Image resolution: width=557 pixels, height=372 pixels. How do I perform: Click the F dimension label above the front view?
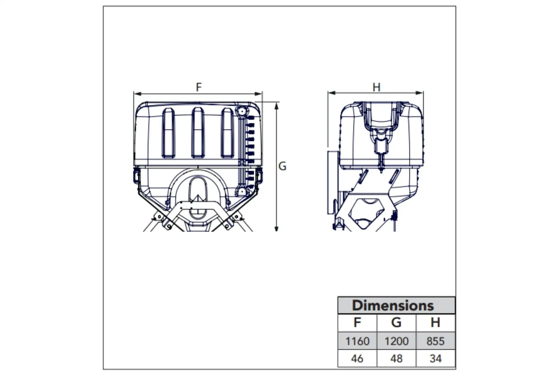tap(199, 87)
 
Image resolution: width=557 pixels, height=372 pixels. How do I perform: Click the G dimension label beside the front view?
tap(282, 166)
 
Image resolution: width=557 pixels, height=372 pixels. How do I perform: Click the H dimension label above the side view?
tap(376, 87)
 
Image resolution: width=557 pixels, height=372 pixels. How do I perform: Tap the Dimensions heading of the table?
tap(393, 305)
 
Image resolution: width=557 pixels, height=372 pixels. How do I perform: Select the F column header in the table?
tap(357, 323)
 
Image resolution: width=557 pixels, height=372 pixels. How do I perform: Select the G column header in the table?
tap(396, 323)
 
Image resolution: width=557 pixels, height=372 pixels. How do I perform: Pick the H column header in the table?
tap(435, 323)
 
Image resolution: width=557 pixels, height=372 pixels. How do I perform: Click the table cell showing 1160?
tap(357, 341)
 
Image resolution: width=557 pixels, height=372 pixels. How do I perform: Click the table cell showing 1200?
tap(396, 341)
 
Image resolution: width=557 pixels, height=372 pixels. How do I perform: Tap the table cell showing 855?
tap(435, 341)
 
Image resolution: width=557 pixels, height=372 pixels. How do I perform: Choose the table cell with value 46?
tap(357, 359)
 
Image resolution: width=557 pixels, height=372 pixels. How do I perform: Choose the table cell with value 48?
tap(396, 359)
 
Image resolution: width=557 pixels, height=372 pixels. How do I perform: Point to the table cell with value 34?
tap(435, 359)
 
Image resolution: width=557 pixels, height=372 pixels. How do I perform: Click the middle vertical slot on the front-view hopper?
tap(198, 133)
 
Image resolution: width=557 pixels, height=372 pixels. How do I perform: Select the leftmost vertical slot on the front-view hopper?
tap(168, 133)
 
